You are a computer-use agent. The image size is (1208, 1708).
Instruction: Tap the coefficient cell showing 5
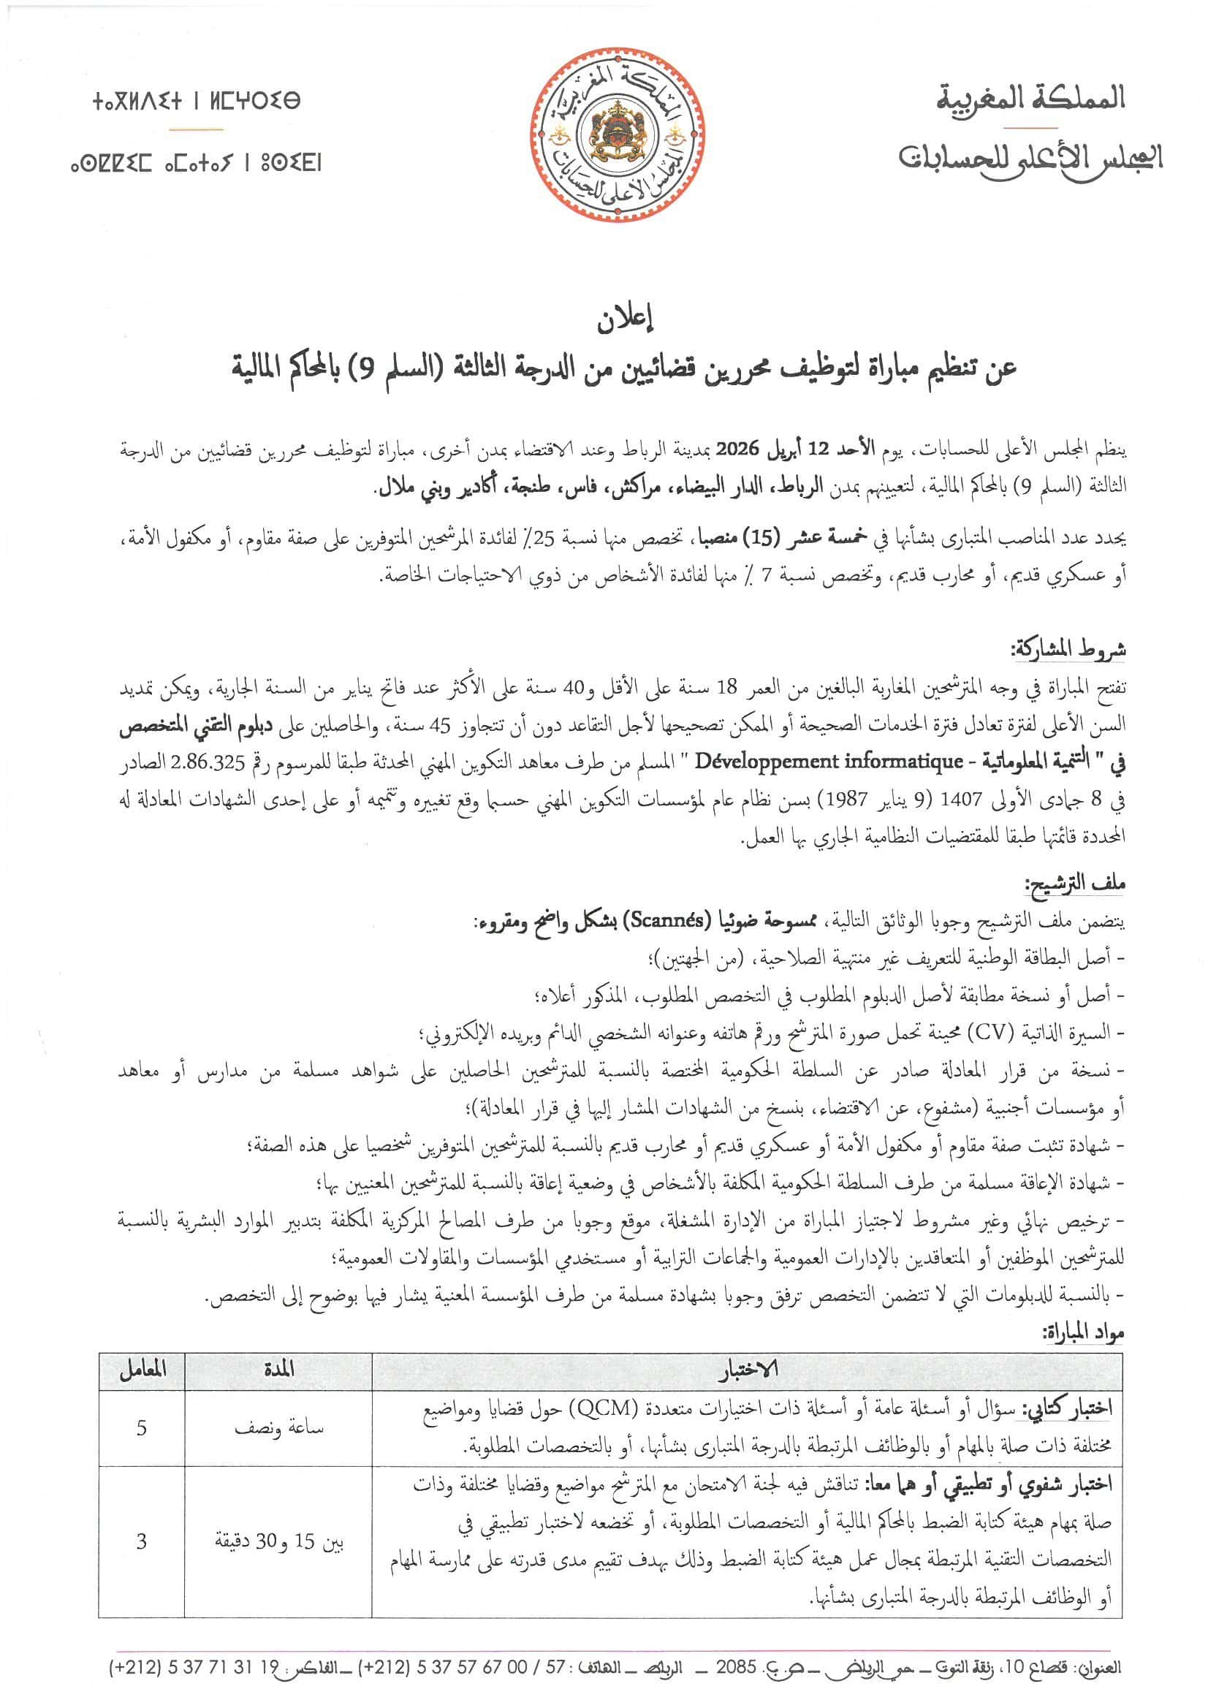point(142,1427)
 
